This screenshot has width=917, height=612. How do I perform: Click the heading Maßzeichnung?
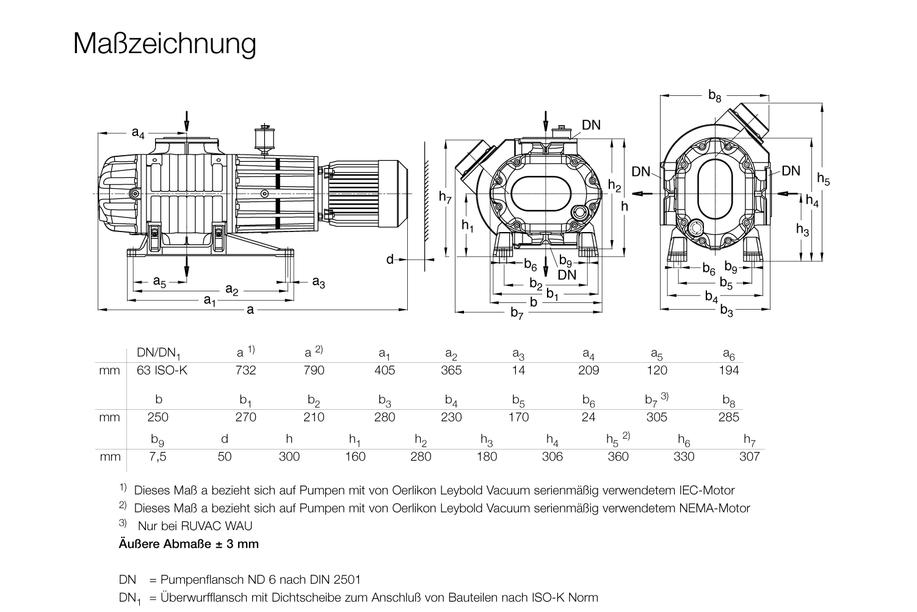164,43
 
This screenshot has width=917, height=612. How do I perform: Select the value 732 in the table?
245,370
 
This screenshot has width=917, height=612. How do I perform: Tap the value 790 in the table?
314,370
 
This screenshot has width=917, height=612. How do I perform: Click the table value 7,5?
158,456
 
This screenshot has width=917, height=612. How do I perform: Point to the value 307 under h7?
749,456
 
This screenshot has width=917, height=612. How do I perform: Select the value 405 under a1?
385,370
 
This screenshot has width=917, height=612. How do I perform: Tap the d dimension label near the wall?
390,260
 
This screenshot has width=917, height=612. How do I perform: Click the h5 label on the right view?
824,179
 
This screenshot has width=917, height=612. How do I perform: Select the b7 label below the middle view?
517,313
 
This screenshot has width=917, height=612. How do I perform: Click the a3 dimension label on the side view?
318,282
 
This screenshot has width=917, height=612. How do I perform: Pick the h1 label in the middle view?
468,225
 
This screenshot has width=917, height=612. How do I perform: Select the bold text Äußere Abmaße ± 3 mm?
189,544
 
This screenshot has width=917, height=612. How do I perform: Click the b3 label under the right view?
727,311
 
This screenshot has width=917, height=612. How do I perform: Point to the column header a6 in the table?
729,353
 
